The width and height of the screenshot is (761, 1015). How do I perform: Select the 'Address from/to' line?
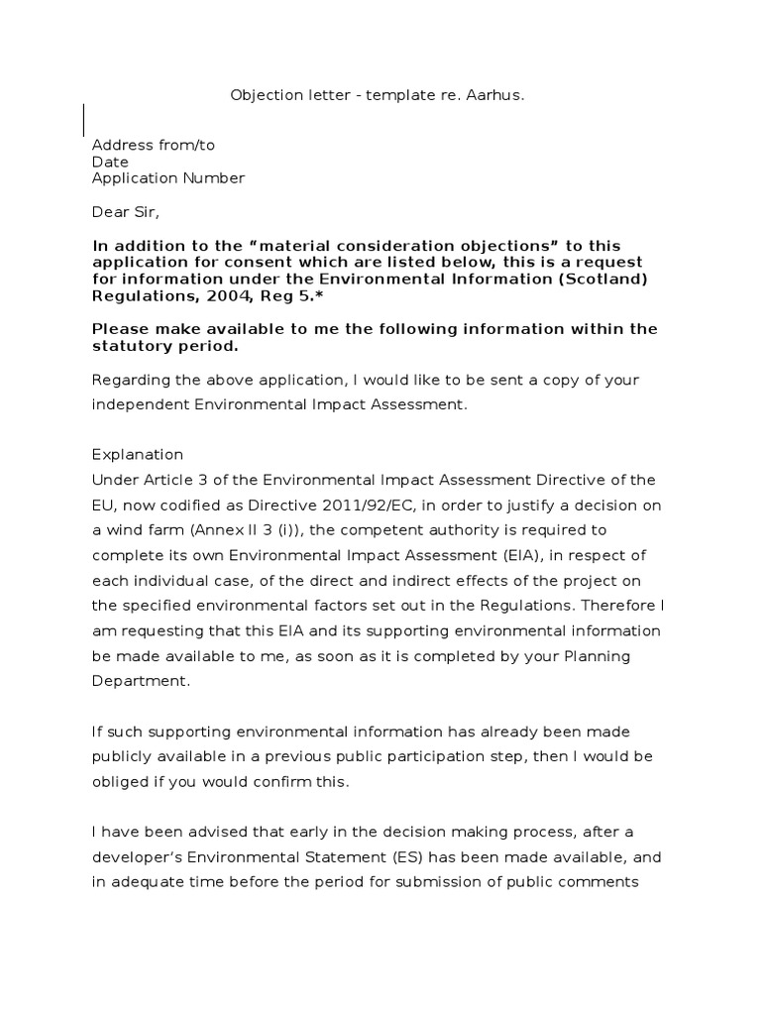pos(153,145)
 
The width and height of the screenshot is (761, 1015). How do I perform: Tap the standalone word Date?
pos(110,162)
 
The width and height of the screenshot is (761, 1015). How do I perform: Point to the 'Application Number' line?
pos(167,178)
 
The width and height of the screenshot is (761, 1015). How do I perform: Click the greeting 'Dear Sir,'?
pos(125,212)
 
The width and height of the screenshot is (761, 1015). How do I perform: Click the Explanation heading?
pos(137,455)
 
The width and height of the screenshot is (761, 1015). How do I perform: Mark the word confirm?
pos(293,783)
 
